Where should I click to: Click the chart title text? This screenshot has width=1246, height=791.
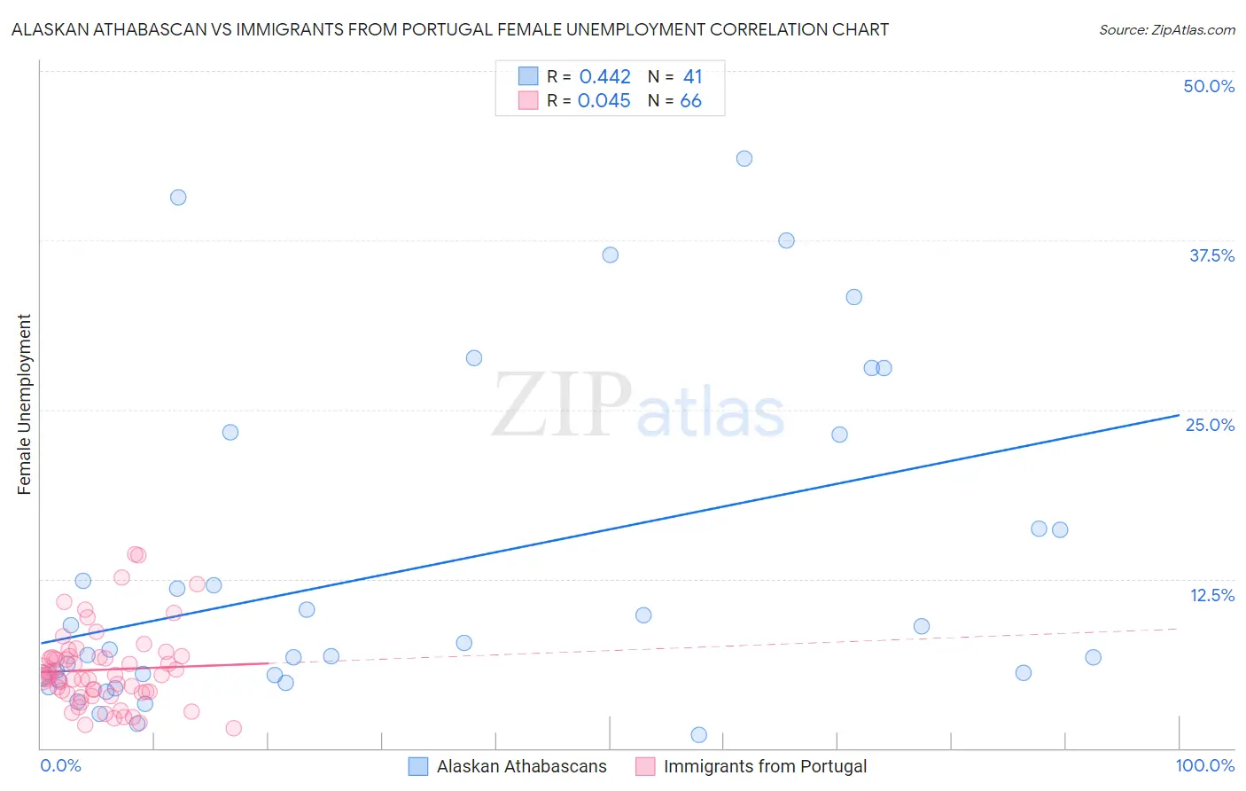[450, 30]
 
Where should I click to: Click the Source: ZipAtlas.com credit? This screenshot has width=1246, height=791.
[1166, 30]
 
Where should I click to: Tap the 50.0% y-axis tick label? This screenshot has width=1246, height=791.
[1209, 86]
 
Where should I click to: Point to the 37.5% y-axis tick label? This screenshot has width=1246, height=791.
[1211, 255]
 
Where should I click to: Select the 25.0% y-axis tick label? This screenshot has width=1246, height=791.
[1210, 425]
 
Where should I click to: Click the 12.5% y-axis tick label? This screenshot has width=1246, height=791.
[1211, 595]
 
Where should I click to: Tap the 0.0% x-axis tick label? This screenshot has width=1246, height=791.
[61, 765]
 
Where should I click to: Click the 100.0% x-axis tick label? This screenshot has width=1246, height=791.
[1204, 765]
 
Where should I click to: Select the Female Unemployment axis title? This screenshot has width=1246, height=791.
[25, 404]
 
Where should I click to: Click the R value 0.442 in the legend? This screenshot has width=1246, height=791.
[604, 77]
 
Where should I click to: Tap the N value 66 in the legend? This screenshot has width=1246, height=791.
[690, 101]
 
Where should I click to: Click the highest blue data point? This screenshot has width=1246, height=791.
[744, 159]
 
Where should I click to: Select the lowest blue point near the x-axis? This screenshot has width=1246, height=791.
[698, 734]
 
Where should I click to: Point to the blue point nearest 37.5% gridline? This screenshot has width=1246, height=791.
[786, 240]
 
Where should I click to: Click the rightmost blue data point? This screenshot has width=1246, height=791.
[1093, 657]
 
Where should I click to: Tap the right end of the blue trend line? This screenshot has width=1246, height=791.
[1178, 415]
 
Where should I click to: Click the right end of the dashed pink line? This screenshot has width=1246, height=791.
[1178, 628]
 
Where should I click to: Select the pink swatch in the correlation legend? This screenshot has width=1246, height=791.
[528, 100]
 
